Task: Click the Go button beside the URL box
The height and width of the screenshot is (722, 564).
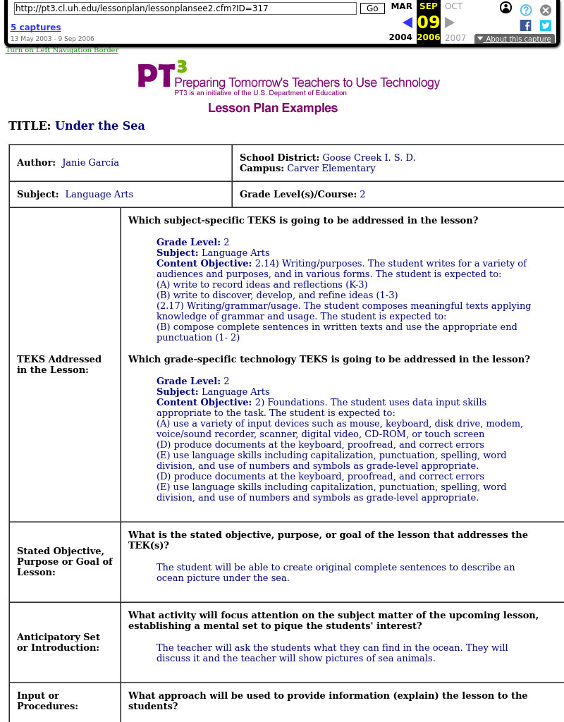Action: (x=372, y=8)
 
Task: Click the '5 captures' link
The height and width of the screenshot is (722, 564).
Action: (x=35, y=27)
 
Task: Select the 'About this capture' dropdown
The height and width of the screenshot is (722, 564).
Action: (x=513, y=39)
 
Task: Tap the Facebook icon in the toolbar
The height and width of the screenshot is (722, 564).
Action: (x=525, y=25)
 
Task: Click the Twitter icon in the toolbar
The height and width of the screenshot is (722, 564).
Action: (x=545, y=25)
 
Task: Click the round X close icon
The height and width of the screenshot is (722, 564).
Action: (x=546, y=10)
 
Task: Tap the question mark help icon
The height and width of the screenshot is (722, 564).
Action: (x=526, y=10)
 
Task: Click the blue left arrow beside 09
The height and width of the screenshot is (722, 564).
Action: (x=407, y=23)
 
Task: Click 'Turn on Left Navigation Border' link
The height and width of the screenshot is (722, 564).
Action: (x=62, y=50)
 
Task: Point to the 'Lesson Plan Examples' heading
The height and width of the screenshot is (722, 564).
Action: (x=272, y=108)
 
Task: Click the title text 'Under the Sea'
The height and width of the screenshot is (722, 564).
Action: (x=99, y=126)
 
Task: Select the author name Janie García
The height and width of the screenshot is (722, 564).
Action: (x=90, y=162)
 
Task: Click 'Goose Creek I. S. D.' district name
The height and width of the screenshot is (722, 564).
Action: (x=369, y=157)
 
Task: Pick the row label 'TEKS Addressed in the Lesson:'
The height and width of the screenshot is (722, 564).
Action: (x=59, y=364)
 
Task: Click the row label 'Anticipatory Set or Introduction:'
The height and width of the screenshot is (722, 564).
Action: (x=59, y=642)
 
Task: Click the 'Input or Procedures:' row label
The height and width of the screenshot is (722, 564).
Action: (x=47, y=700)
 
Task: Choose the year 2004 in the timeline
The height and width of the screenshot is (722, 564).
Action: (x=400, y=38)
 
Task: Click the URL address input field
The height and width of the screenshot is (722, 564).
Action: (x=185, y=8)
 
